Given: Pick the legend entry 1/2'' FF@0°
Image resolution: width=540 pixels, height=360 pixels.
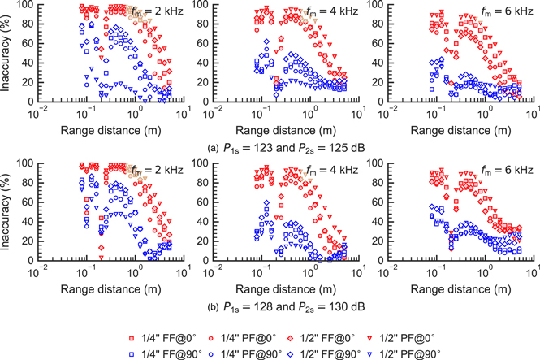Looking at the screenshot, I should point(355,332).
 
